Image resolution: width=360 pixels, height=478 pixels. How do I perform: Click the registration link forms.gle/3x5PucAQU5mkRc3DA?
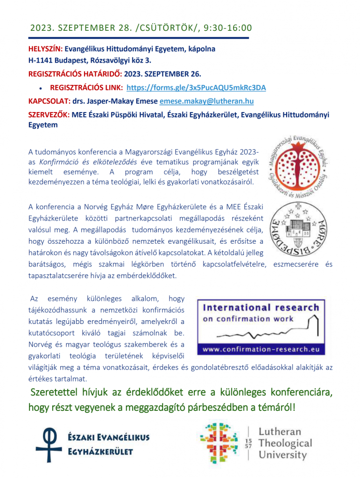tap(196, 87)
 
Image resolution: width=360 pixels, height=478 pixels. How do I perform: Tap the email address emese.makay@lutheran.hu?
tap(207, 101)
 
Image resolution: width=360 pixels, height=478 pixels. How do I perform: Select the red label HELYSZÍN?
tap(45, 49)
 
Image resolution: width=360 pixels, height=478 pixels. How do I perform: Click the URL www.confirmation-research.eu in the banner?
tap(261, 348)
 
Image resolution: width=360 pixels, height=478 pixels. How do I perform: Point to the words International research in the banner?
tap(261, 308)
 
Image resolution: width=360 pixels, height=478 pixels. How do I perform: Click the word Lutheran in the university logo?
tap(279, 432)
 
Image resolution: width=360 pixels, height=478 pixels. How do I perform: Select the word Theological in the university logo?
tap(285, 443)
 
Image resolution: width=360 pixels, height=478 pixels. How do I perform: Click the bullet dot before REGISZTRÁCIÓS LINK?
tap(41, 88)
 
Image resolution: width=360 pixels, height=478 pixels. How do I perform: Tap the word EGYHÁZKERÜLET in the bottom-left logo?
tap(101, 451)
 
